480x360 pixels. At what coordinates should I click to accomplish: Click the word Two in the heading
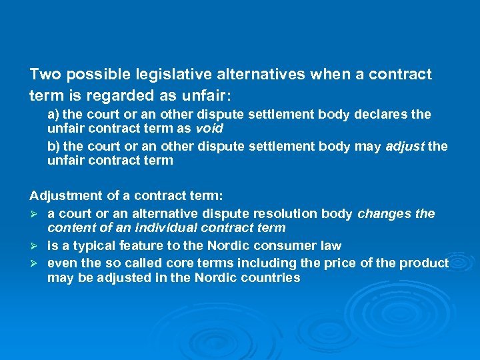coord(44,74)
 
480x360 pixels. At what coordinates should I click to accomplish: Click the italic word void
coord(209,128)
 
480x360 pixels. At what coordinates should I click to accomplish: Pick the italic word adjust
coord(404,146)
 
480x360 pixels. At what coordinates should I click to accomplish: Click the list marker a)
coord(53,114)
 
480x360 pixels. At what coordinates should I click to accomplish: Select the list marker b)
coord(53,146)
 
